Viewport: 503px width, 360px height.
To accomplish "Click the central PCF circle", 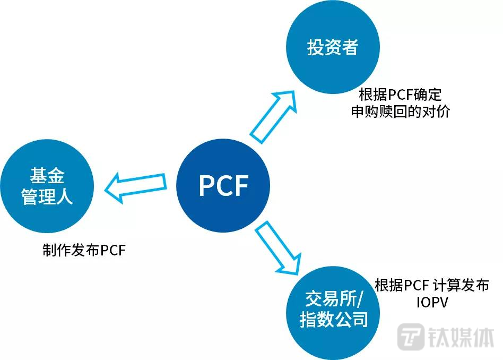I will [223, 185].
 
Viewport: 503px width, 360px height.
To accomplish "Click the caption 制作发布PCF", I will [84, 250].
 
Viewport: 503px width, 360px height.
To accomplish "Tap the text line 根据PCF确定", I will [400, 96].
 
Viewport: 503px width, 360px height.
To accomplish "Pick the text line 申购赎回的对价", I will [400, 113].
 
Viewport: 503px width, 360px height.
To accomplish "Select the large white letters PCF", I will [223, 186].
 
